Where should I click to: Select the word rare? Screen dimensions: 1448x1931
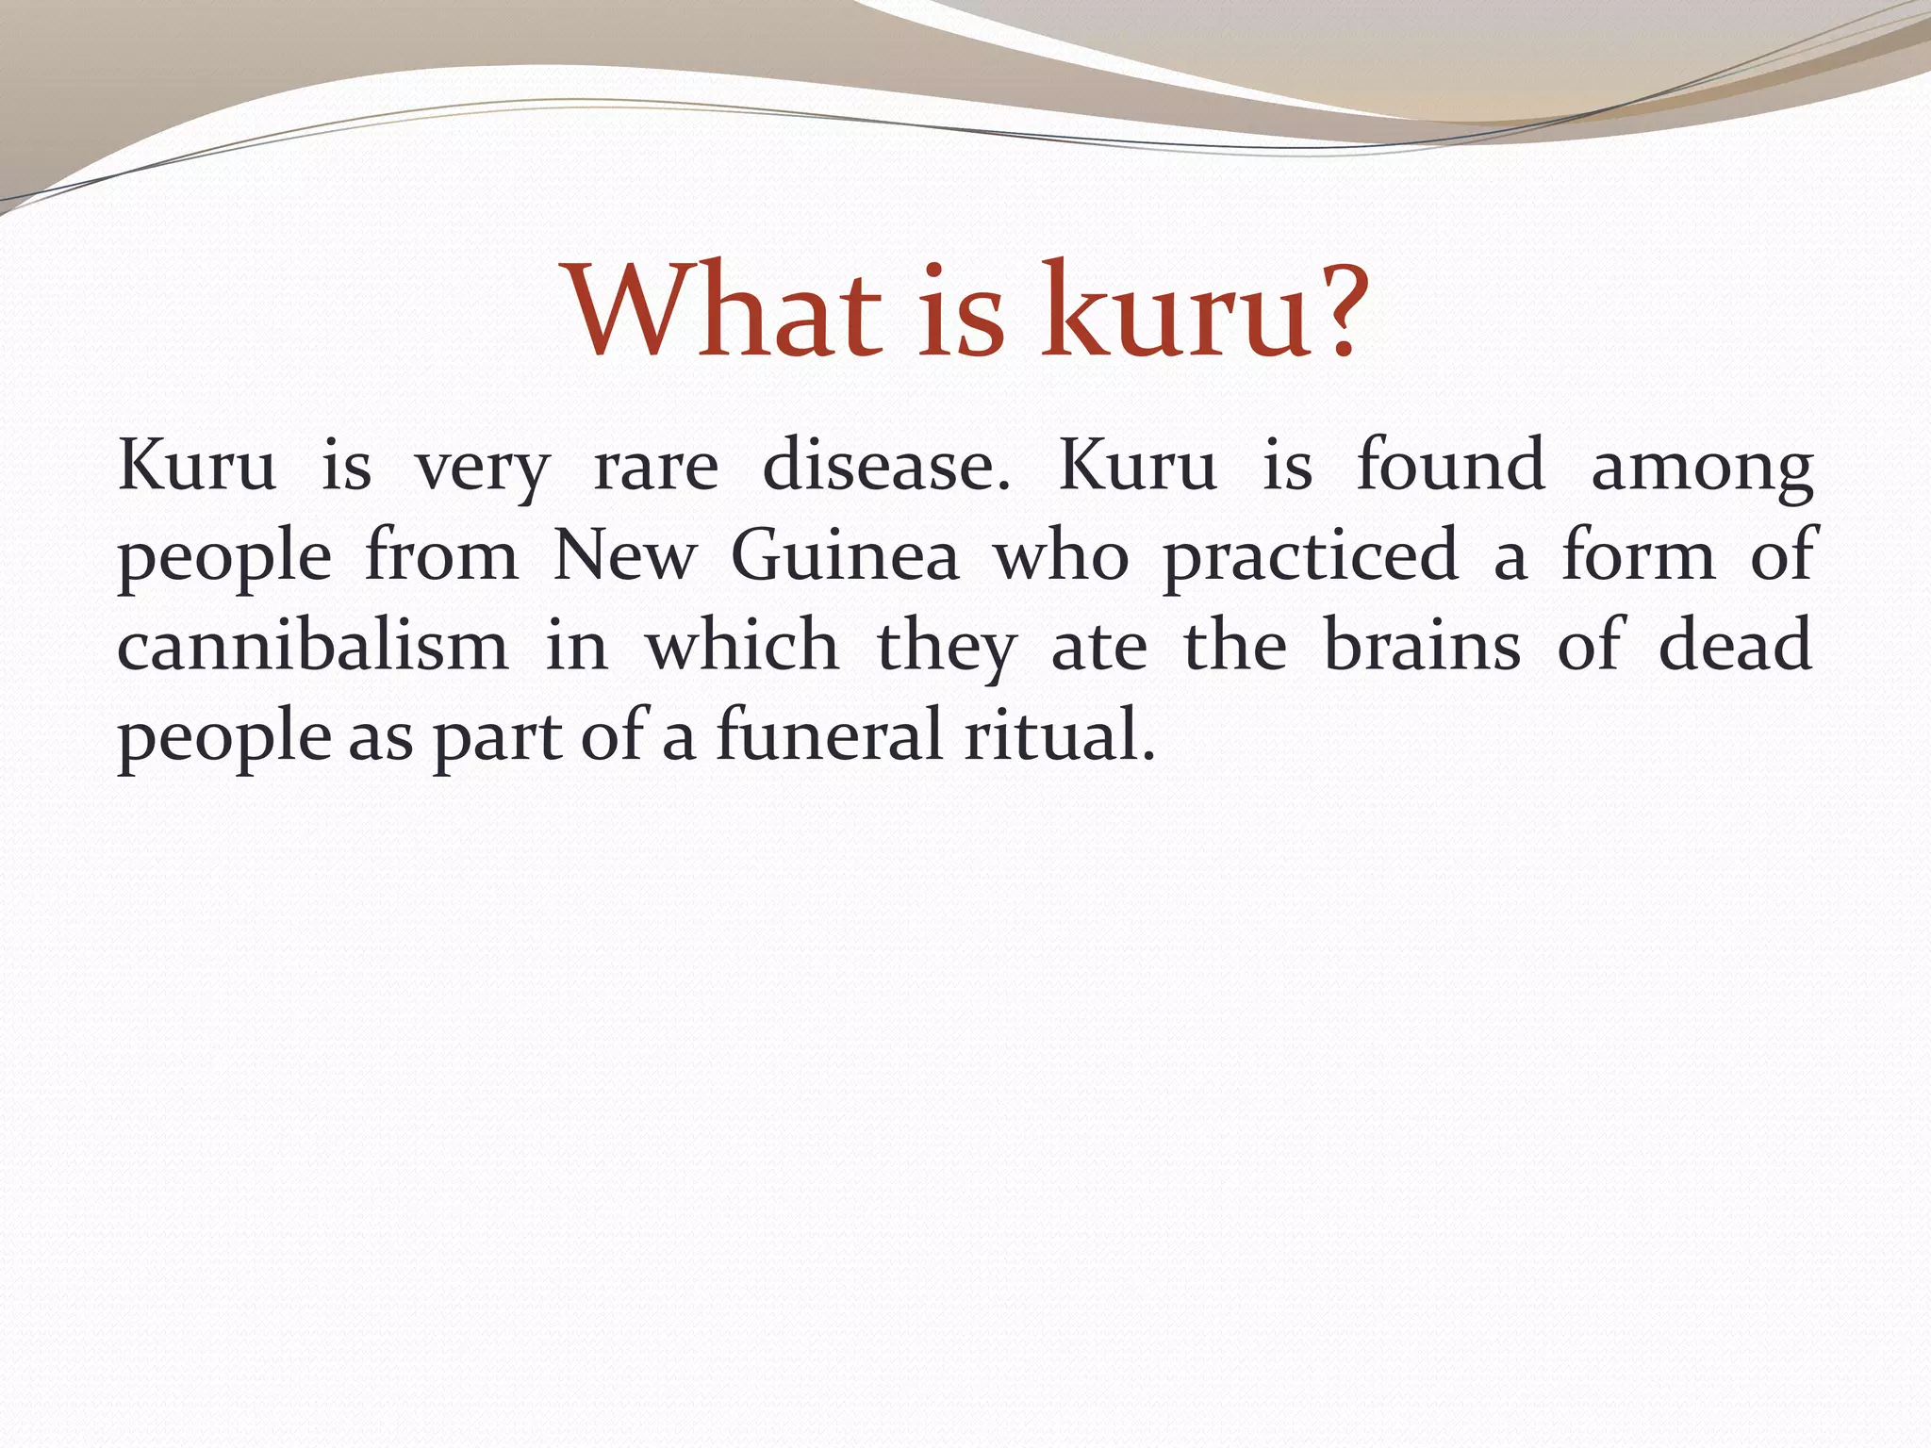point(655,467)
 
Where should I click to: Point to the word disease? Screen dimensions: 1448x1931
point(885,467)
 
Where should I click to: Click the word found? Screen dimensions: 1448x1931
point(1451,467)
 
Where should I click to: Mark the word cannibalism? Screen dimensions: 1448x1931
point(312,646)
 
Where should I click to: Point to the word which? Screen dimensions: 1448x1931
point(742,646)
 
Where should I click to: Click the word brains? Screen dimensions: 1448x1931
point(1422,646)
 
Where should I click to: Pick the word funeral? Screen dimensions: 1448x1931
point(829,735)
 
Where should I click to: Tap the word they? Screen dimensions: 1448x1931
point(947,648)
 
